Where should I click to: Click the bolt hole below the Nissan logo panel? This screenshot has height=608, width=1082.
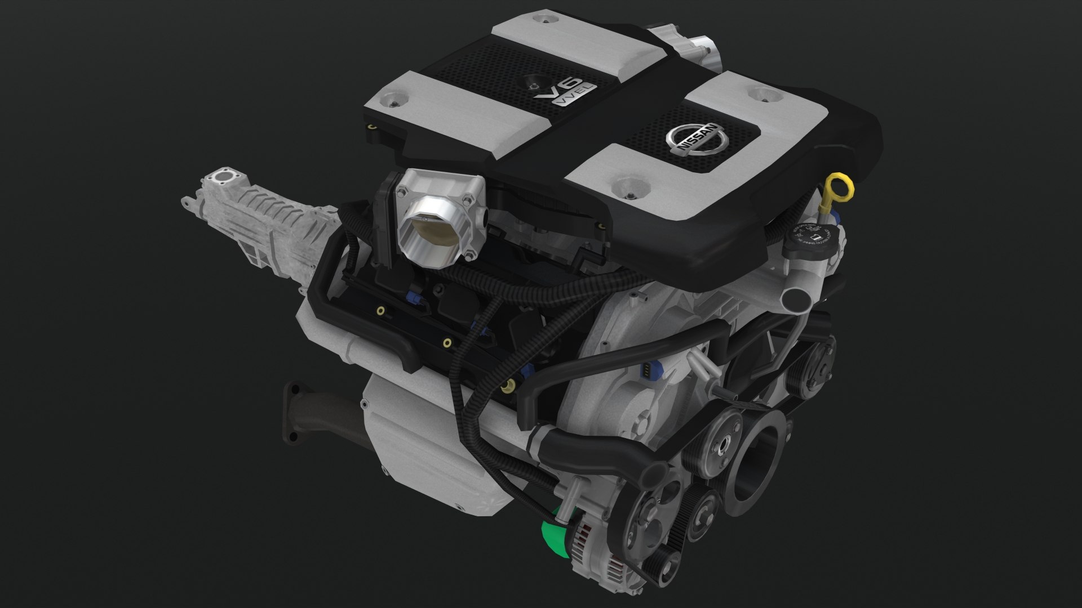click(x=629, y=189)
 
